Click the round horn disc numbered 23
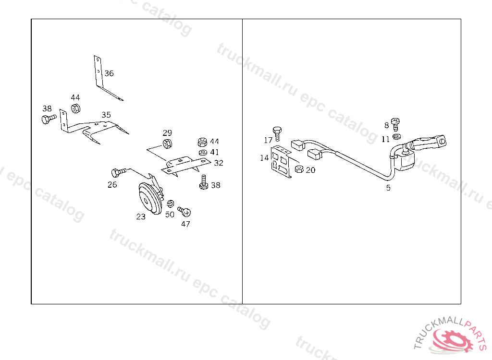(x=150, y=198)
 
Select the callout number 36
(x=109, y=73)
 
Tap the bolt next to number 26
(x=119, y=172)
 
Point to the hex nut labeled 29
(x=167, y=144)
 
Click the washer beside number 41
(x=203, y=153)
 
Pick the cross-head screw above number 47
(x=184, y=211)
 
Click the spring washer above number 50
(x=171, y=204)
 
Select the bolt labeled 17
(x=277, y=134)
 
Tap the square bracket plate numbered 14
(x=281, y=162)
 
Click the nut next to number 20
(x=299, y=169)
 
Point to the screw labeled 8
(x=395, y=124)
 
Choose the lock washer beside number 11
(x=396, y=136)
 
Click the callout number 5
(x=388, y=188)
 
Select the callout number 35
(x=106, y=115)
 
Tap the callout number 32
(x=219, y=163)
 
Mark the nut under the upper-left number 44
(x=75, y=108)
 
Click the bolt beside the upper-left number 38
(x=49, y=119)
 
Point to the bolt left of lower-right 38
(x=204, y=182)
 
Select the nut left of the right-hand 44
(x=202, y=142)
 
